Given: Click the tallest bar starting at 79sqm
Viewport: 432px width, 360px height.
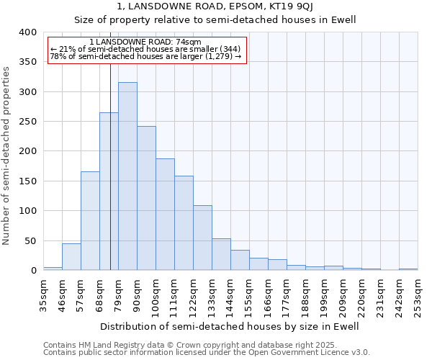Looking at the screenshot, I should coord(127,176).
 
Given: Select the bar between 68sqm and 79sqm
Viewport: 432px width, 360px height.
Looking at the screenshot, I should coord(109,192).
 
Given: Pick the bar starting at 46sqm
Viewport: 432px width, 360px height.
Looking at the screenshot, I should coord(71,257).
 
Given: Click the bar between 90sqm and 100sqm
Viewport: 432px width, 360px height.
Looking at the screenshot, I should coord(146,199).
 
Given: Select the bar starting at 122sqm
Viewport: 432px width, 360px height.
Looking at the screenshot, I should coord(202,238).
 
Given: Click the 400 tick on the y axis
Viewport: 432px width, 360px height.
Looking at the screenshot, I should coord(27,32).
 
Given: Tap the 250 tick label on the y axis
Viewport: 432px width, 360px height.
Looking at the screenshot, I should coord(27,122).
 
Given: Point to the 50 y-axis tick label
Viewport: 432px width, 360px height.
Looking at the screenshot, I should coord(30,240).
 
